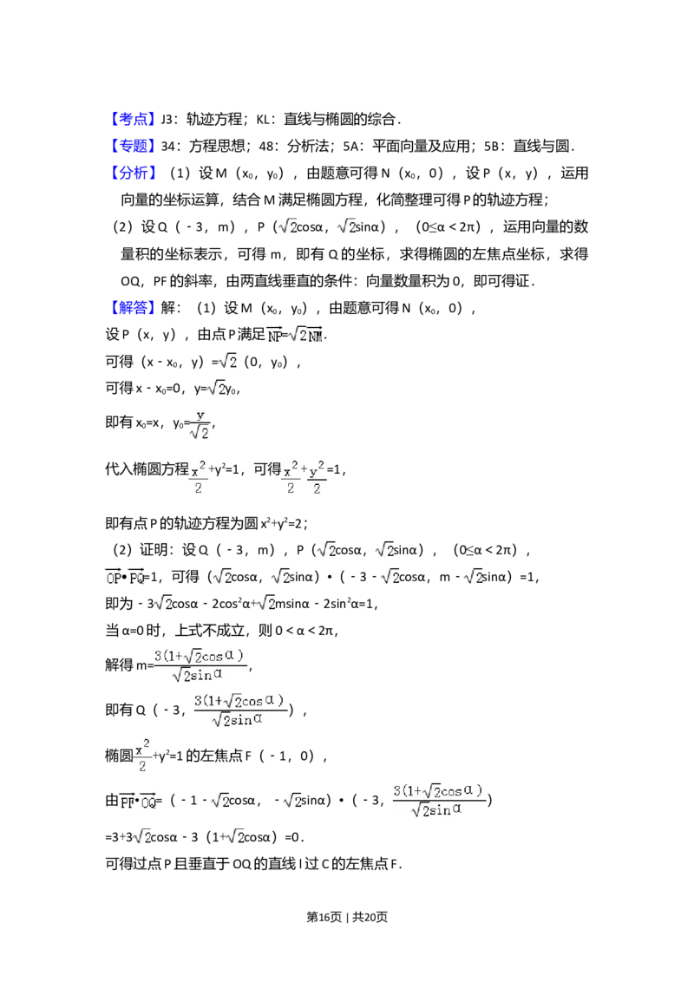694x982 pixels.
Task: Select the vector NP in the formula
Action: click(275, 335)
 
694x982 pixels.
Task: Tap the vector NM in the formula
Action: click(315, 335)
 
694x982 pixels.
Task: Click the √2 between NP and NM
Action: click(296, 335)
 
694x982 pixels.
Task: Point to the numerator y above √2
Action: click(200, 416)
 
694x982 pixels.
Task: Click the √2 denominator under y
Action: click(200, 432)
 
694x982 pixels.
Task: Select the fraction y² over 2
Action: click(318, 480)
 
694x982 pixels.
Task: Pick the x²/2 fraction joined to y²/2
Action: click(290, 480)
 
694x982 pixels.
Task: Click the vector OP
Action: click(114, 577)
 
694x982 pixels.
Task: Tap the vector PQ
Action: click(136, 577)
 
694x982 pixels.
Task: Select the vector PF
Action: click(128, 802)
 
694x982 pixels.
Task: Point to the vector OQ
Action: click(149, 802)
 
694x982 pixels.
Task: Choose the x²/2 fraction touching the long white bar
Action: click(142, 756)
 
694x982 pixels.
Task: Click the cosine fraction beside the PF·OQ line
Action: click(438, 799)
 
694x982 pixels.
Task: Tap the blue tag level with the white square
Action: click(134, 120)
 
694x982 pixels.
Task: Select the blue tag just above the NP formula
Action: click(134, 308)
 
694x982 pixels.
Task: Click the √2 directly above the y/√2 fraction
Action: click(216, 388)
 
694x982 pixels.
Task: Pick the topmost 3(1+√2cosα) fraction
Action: click(200, 664)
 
